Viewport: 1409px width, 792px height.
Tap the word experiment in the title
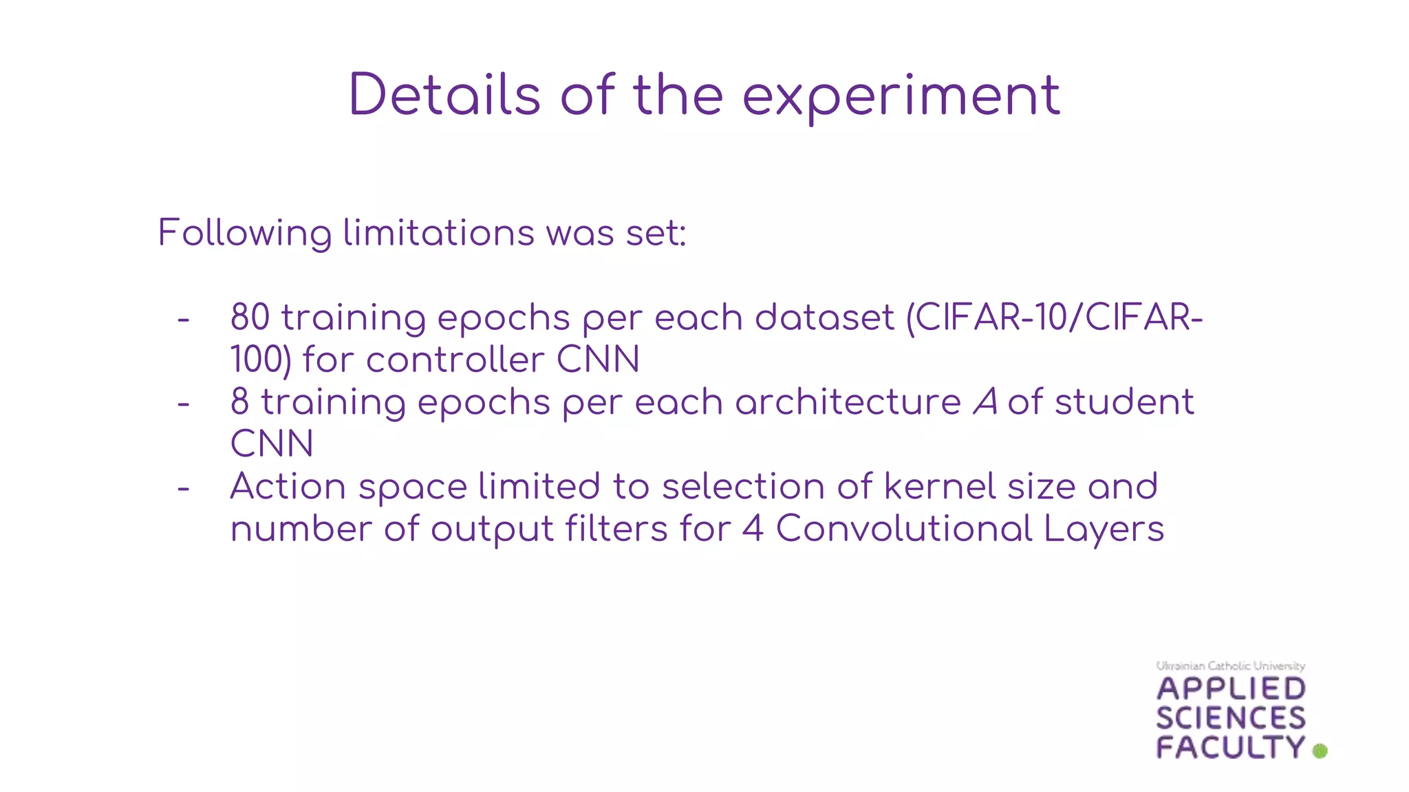(x=901, y=96)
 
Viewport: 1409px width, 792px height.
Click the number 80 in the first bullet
(x=250, y=318)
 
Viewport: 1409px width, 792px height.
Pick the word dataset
(x=824, y=318)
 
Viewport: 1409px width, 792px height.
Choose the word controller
(x=455, y=360)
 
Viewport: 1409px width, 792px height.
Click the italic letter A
(x=985, y=402)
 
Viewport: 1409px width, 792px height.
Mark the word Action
(x=288, y=487)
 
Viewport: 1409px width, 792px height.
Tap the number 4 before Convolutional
(x=753, y=529)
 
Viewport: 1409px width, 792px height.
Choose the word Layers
(x=1104, y=529)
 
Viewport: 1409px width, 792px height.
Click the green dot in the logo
(x=1320, y=751)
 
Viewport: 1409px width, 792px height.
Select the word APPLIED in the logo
(x=1231, y=689)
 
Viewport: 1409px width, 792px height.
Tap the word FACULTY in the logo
(x=1230, y=747)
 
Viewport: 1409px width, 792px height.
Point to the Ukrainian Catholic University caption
(x=1230, y=665)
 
